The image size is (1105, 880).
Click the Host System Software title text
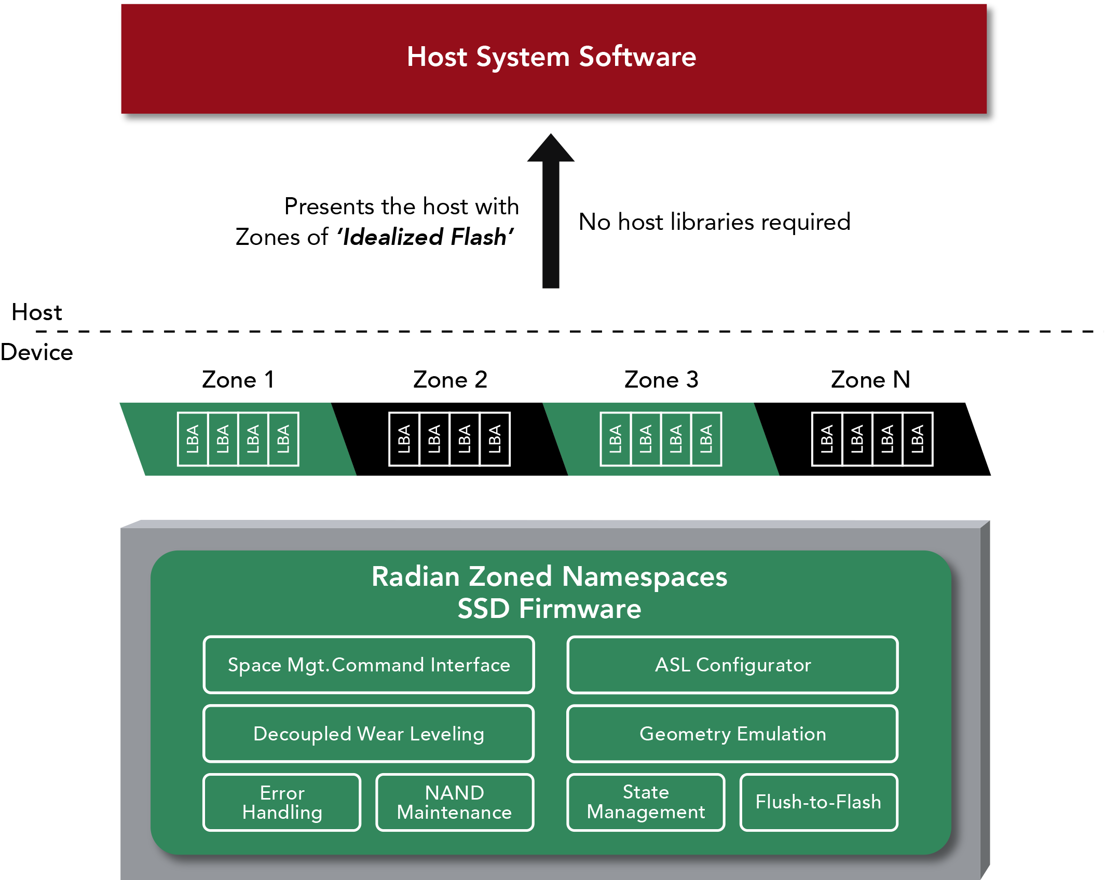click(551, 57)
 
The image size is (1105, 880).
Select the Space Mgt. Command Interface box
click(369, 665)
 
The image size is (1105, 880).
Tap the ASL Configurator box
click(732, 665)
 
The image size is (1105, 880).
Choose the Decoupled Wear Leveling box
click(369, 734)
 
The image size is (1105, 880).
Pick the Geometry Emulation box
click(732, 734)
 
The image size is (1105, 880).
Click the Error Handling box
click(282, 802)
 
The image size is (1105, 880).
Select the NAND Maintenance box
click(455, 802)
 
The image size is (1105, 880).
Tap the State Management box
click(646, 802)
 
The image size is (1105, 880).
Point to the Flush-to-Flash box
click(818, 802)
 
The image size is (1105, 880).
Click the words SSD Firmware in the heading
click(549, 609)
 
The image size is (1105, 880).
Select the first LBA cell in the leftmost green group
click(193, 439)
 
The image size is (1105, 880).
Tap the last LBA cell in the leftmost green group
click(283, 439)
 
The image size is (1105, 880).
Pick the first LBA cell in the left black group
click(404, 439)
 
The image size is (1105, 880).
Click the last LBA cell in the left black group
click(495, 439)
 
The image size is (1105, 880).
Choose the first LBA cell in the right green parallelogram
click(616, 439)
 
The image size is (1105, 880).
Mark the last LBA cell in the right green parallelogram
click(706, 439)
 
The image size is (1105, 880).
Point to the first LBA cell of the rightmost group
click(827, 439)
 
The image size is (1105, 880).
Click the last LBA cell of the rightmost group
click(918, 439)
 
